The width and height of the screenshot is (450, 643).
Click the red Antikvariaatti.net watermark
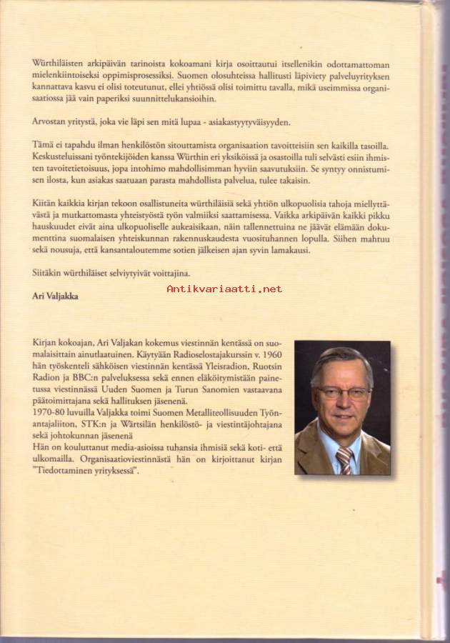point(224,289)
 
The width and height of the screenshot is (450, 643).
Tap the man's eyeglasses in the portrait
point(344,392)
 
